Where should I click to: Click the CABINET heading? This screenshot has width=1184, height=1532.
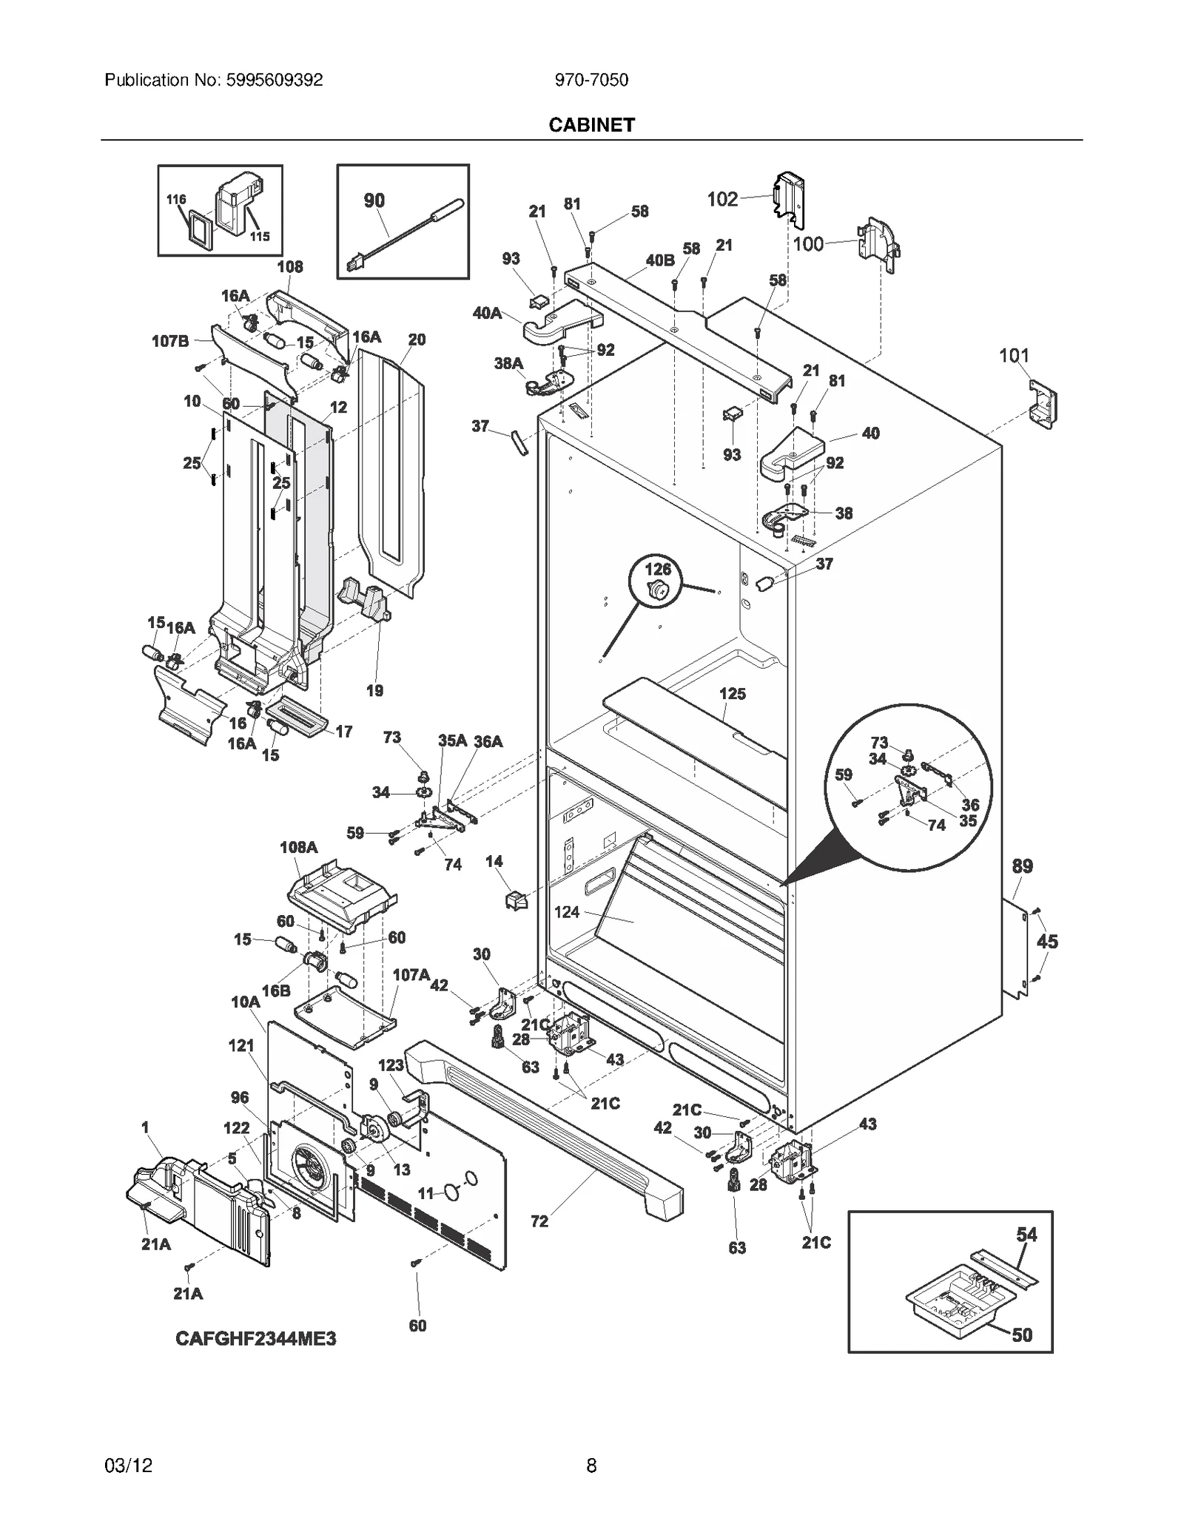click(x=591, y=125)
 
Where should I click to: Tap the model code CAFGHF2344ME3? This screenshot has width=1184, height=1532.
click(x=255, y=1359)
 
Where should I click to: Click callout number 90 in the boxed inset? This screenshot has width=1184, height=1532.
click(x=374, y=200)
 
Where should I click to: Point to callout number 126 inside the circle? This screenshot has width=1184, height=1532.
click(x=658, y=569)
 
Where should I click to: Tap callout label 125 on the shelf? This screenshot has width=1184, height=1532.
click(x=732, y=694)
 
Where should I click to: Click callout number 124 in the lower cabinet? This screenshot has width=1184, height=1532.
click(x=567, y=912)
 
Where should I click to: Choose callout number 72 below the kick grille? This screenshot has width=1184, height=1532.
click(x=539, y=1221)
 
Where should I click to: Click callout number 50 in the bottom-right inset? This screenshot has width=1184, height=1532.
click(x=1021, y=1334)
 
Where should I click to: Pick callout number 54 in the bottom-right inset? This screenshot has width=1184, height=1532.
click(x=1026, y=1234)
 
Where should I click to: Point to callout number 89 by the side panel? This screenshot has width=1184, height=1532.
click(x=1022, y=865)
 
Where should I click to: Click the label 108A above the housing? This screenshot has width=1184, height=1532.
click(x=298, y=847)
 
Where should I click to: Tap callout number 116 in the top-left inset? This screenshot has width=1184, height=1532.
click(x=176, y=199)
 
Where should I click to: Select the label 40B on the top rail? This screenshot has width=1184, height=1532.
click(x=659, y=260)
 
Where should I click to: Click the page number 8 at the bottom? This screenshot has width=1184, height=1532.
click(x=591, y=1465)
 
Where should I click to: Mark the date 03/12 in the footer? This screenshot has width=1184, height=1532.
click(x=129, y=1465)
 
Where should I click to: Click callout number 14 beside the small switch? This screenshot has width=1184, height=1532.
click(x=494, y=861)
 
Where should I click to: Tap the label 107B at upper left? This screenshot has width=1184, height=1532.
click(x=170, y=341)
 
